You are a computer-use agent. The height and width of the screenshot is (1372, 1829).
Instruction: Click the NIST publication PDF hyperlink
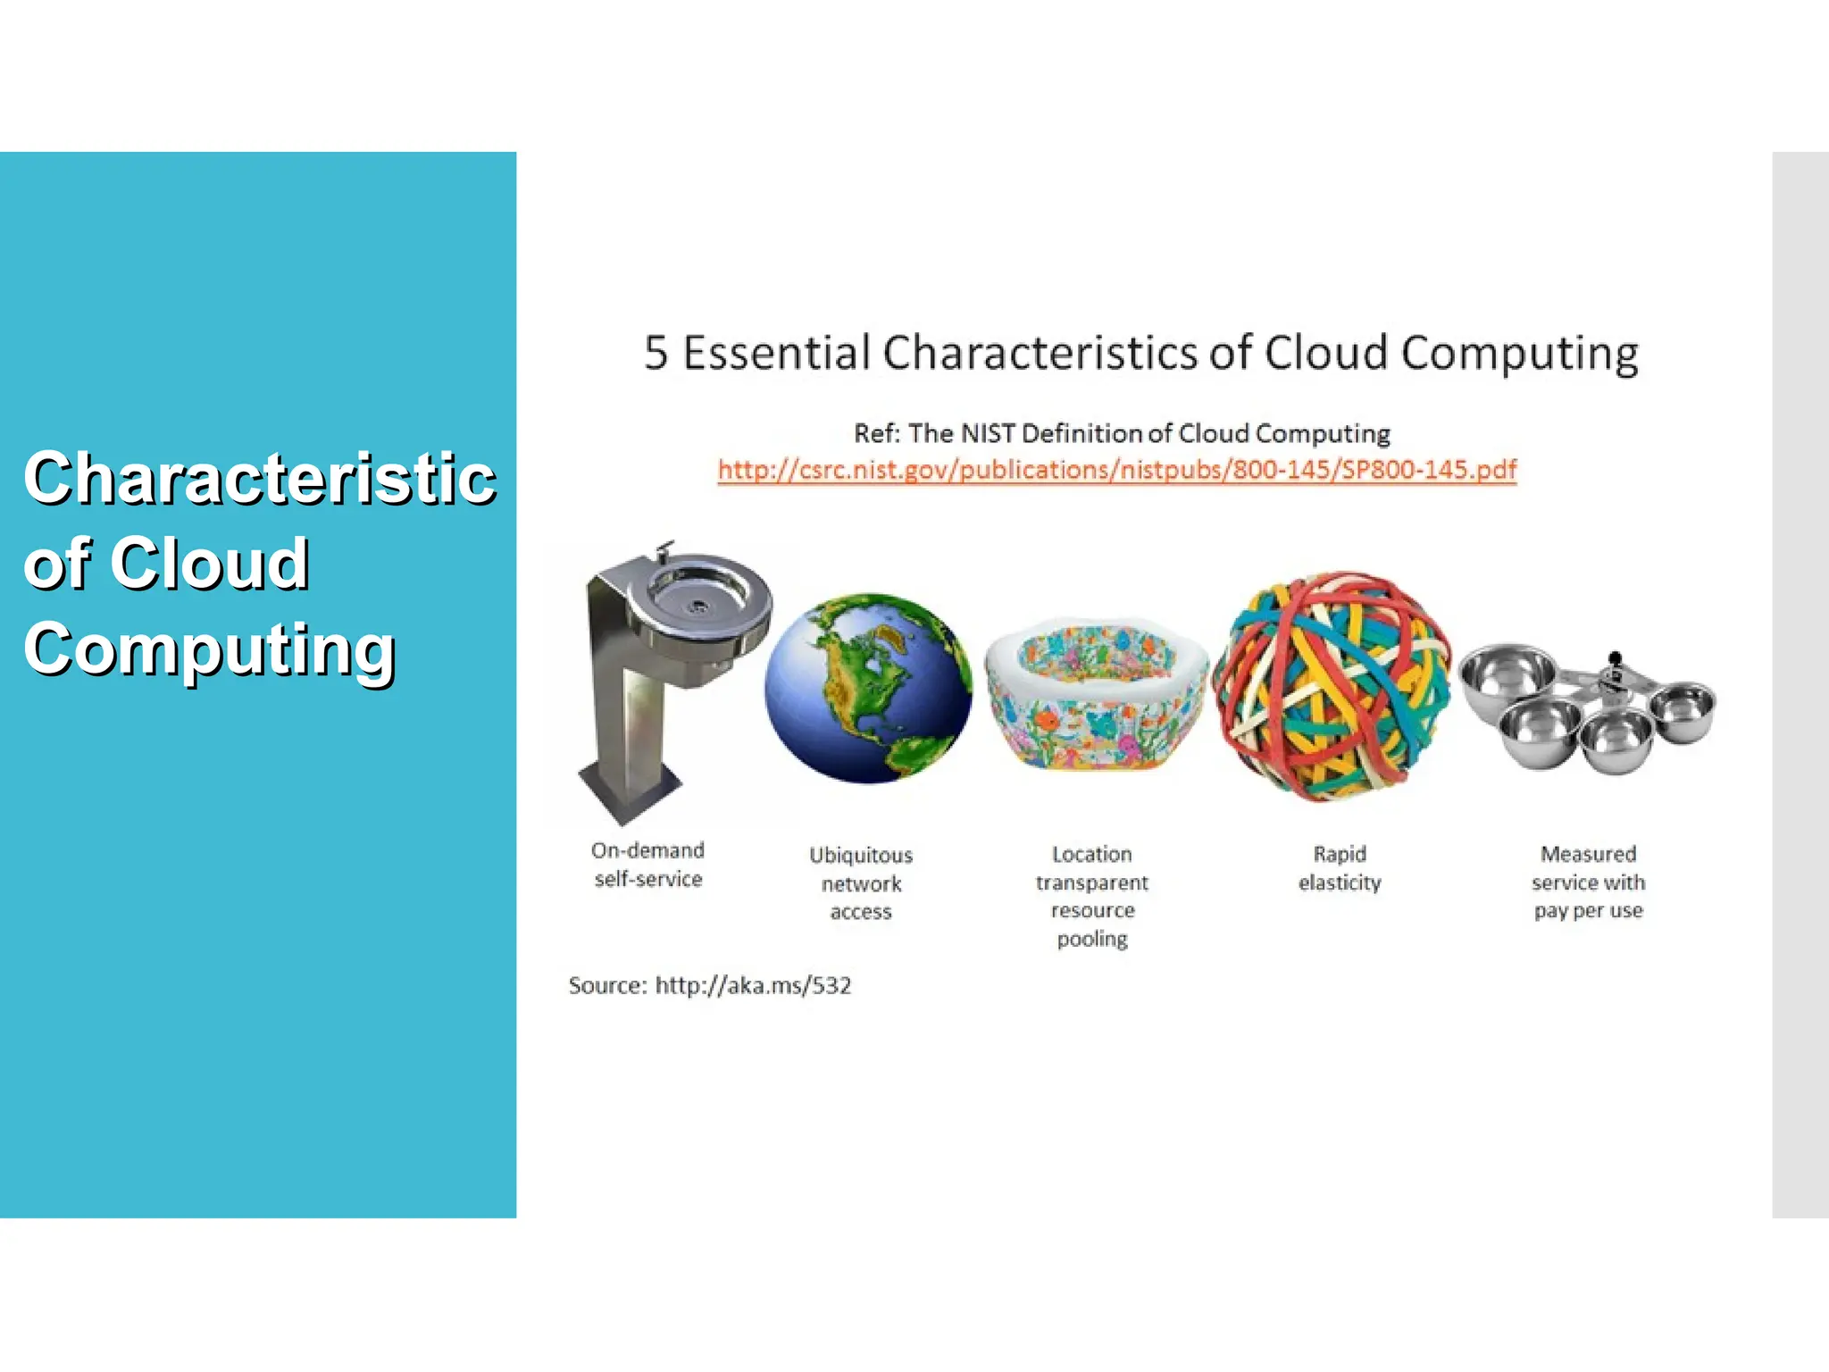click(1116, 470)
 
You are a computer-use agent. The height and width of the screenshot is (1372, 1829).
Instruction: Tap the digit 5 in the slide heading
click(656, 353)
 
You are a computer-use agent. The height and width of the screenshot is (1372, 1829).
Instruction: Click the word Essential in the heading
click(776, 353)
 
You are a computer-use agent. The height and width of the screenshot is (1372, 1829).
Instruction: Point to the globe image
click(867, 689)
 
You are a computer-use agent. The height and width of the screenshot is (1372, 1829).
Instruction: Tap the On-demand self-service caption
click(648, 865)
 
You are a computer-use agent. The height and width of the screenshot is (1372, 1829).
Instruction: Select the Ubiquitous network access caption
click(861, 883)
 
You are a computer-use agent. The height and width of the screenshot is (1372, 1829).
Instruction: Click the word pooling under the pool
click(1092, 939)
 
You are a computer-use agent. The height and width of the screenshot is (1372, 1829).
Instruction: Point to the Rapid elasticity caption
click(1340, 868)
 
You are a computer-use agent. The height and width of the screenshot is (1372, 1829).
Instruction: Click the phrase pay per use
click(1588, 911)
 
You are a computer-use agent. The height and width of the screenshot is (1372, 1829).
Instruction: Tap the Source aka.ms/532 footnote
click(709, 985)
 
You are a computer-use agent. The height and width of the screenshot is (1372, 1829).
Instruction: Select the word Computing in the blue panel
click(210, 650)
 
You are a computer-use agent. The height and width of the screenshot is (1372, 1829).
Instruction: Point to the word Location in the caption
click(1091, 854)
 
